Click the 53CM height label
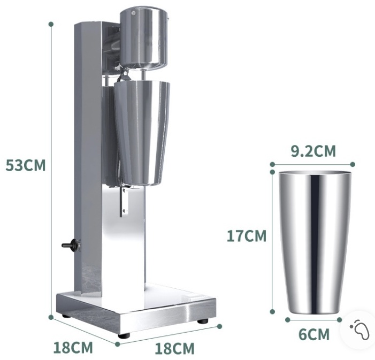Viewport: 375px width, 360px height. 25,165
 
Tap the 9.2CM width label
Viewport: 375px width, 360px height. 313,151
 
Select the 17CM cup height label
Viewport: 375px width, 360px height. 246,236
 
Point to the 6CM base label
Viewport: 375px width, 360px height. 314,334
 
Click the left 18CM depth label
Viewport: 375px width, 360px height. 73,348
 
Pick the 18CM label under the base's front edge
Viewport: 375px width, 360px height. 174,349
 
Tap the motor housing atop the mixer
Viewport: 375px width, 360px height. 143,39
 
